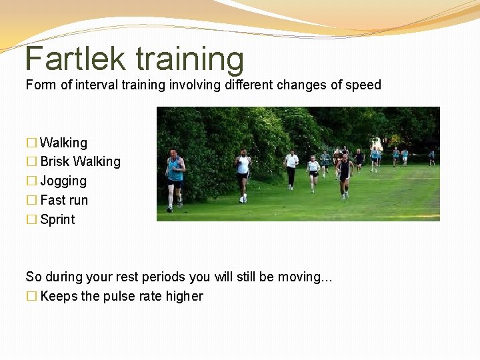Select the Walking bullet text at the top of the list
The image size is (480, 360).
coord(63,143)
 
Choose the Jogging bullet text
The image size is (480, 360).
coord(63,181)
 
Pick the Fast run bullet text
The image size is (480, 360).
coord(64,200)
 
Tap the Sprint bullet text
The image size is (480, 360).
coord(57,219)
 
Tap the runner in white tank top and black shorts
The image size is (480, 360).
coord(243,170)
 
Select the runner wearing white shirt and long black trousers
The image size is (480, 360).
coord(291,168)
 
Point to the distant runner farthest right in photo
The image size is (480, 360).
coord(431,157)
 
